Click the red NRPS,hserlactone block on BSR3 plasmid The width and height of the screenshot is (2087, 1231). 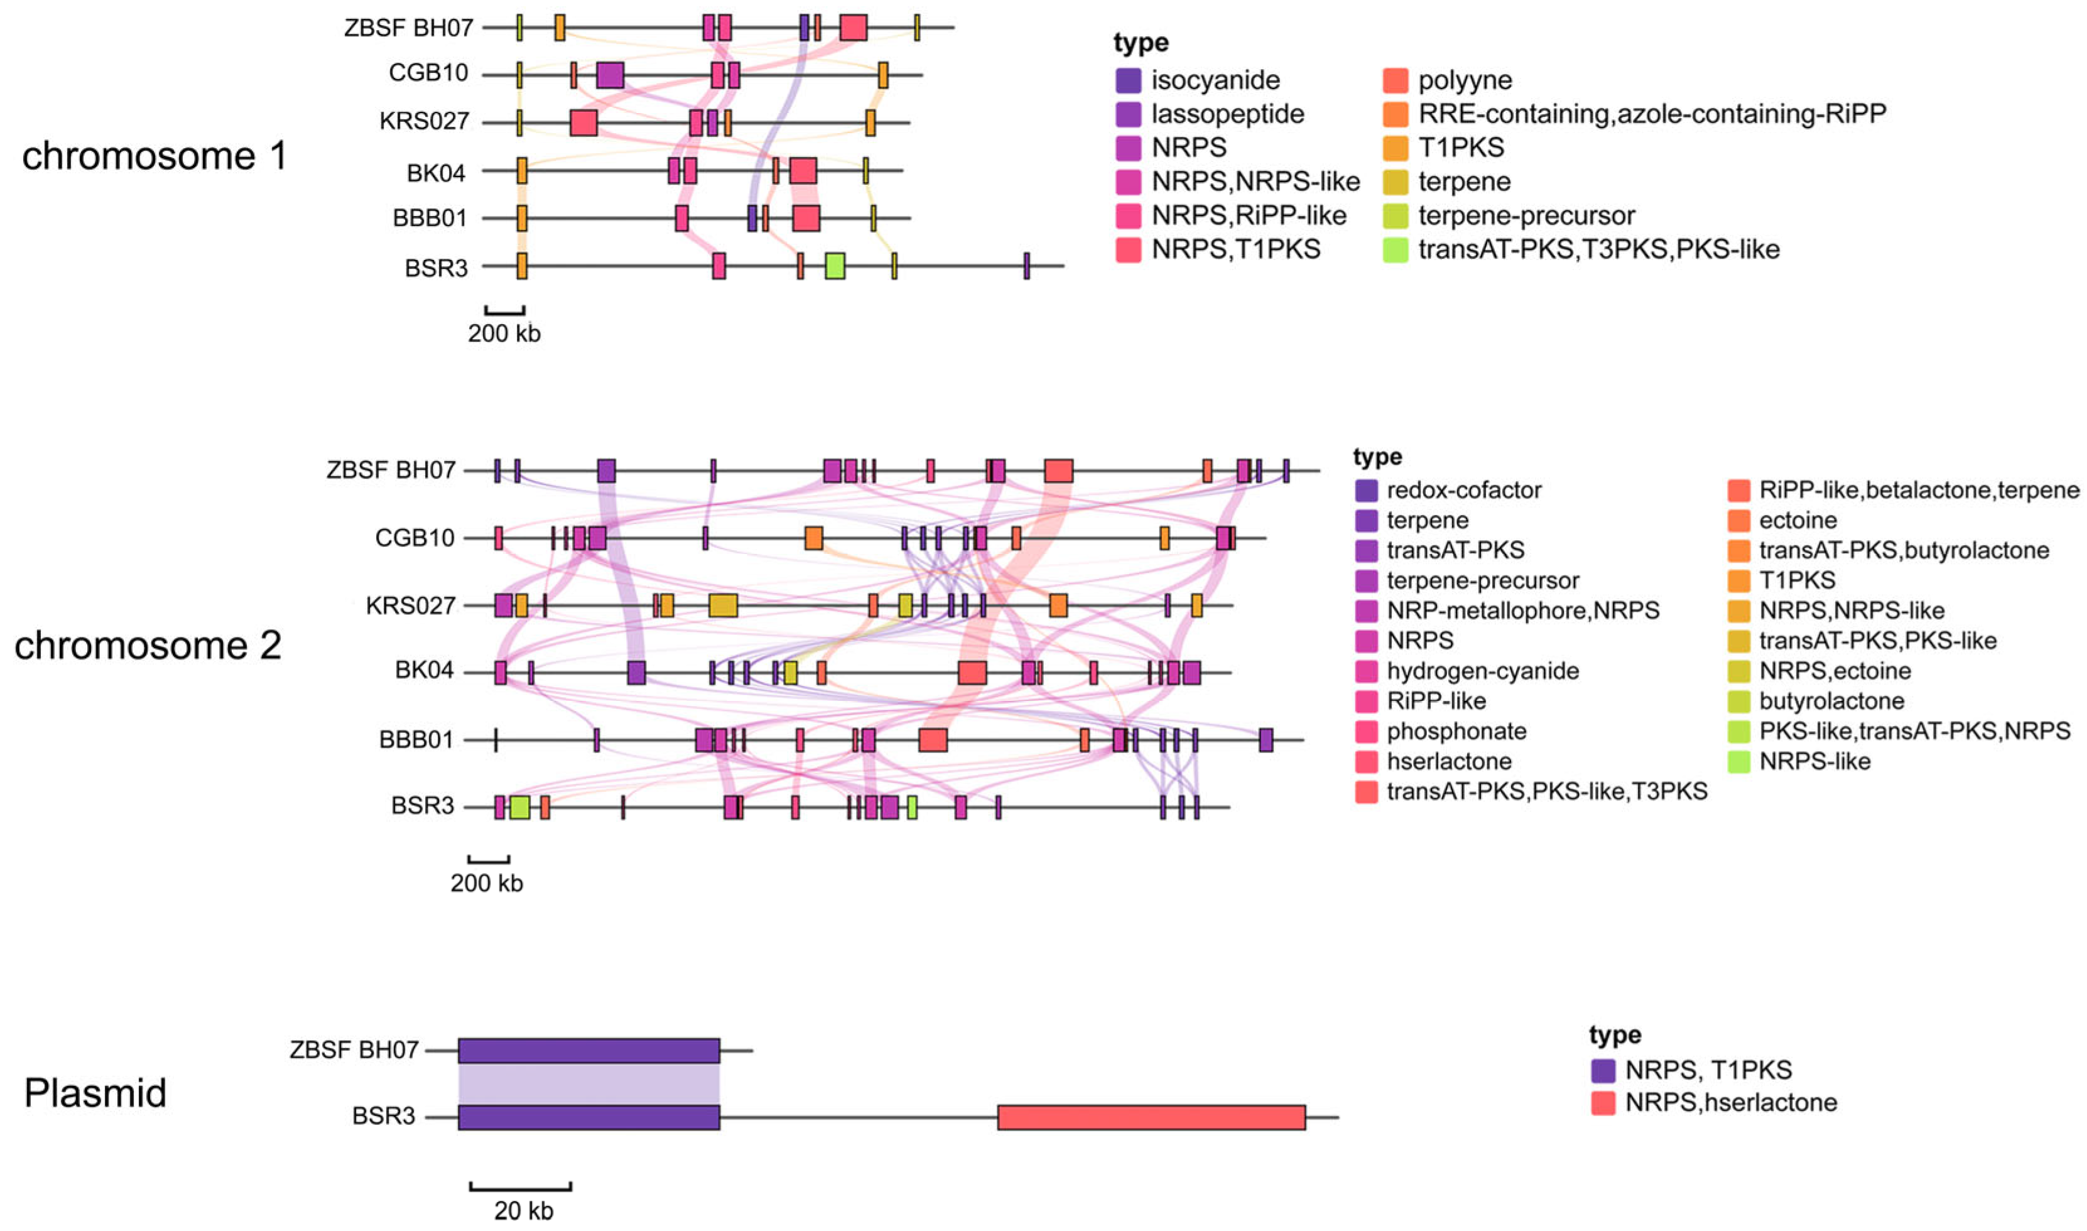pyautogui.click(x=1151, y=1117)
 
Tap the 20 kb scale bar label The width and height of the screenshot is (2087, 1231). pyautogui.click(x=523, y=1210)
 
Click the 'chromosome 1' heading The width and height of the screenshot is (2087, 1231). pyautogui.click(x=154, y=156)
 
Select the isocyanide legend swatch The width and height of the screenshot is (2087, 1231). pyautogui.click(x=1128, y=80)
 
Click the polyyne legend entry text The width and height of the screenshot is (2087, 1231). pyautogui.click(x=1465, y=80)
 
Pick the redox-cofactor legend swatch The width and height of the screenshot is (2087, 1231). pyautogui.click(x=1365, y=491)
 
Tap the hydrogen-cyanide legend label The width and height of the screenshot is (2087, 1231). pyautogui.click(x=1482, y=670)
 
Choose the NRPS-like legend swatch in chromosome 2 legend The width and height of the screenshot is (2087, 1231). pyautogui.click(x=1738, y=761)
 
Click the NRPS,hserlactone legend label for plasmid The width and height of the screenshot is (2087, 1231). pyautogui.click(x=1730, y=1102)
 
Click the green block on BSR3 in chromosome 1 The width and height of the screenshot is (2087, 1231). pyautogui.click(x=835, y=266)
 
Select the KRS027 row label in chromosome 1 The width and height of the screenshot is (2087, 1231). pyautogui.click(x=424, y=121)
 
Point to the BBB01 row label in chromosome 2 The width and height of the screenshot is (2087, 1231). pyautogui.click(x=416, y=739)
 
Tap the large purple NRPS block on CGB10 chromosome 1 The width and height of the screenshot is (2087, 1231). pyautogui.click(x=610, y=75)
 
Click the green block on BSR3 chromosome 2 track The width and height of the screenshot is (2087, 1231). pyautogui.click(x=519, y=806)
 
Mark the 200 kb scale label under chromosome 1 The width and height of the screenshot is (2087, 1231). pyautogui.click(x=504, y=334)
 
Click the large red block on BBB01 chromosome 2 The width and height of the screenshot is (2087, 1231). pyautogui.click(x=933, y=739)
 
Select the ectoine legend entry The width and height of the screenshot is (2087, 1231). pyautogui.click(x=1797, y=520)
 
